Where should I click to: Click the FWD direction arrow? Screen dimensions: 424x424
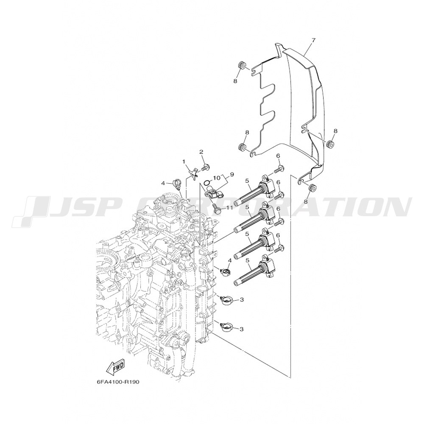116,368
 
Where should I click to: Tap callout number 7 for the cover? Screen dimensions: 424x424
313,40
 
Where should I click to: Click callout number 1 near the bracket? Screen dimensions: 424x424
184,162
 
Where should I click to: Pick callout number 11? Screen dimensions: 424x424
229,207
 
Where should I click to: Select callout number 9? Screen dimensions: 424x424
232,174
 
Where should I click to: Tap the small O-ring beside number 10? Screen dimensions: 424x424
207,181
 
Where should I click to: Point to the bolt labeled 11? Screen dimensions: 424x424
216,208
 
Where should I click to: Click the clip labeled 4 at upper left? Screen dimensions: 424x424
176,184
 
